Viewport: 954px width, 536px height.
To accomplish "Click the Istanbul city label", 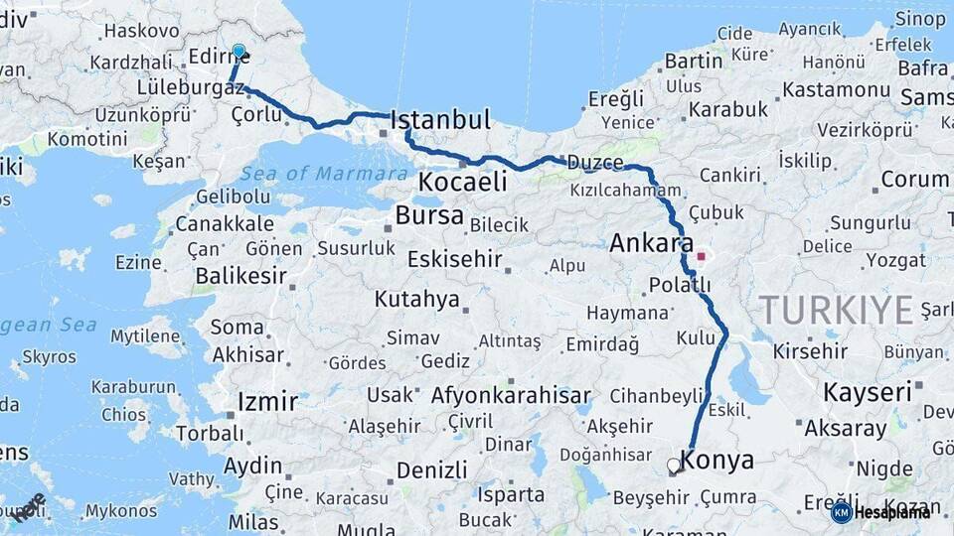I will [441, 120].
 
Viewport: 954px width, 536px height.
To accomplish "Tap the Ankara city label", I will [651, 243].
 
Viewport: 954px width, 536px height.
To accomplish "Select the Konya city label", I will [715, 461].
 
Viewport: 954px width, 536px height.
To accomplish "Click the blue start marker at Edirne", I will [238, 51].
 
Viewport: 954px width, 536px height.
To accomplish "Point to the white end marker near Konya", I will [675, 465].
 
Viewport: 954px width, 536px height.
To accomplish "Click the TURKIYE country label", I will [837, 311].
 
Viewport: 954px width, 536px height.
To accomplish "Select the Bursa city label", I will [429, 215].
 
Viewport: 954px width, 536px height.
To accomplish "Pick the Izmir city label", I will [267, 402].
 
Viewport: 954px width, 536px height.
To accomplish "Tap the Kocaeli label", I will [462, 182].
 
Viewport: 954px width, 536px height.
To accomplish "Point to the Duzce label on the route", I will [595, 163].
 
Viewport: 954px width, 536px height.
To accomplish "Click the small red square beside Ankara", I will [702, 256].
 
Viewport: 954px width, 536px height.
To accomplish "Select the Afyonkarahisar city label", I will [511, 395].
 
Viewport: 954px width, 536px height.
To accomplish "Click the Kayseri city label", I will [868, 392].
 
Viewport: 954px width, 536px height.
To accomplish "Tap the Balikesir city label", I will [240, 275].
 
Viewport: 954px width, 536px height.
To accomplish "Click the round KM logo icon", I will [842, 512].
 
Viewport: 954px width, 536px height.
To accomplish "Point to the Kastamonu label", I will [836, 89].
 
